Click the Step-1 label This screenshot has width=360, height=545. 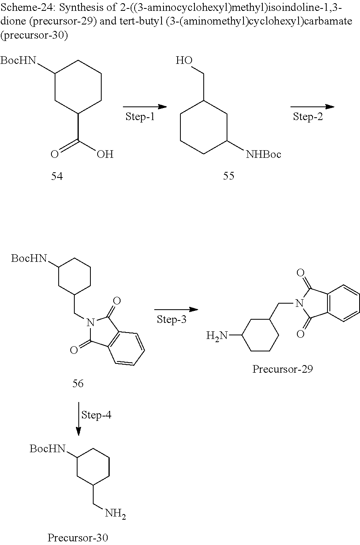tap(140, 116)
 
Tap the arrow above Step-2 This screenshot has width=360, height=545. tap(312, 106)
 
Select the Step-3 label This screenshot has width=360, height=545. tap(171, 319)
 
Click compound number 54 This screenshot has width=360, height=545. tap(57, 176)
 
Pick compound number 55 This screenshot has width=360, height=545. tap(229, 176)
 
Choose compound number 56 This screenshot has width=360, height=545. tap(78, 384)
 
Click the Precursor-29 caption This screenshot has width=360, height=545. tap(282, 369)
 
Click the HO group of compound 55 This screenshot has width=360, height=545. tap(184, 60)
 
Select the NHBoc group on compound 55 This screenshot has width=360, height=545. tap(264, 154)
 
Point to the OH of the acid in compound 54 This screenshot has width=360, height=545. tap(105, 154)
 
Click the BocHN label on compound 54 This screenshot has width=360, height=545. tap(18, 60)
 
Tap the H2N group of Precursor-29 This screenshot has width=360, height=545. tap(217, 336)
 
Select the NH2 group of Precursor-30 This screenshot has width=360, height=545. tap(115, 514)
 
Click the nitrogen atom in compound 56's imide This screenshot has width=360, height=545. tap(90, 323)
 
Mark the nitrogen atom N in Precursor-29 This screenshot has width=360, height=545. tap(299, 303)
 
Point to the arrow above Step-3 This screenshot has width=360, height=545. tap(176, 310)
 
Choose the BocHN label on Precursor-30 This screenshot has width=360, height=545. tap(48, 449)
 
